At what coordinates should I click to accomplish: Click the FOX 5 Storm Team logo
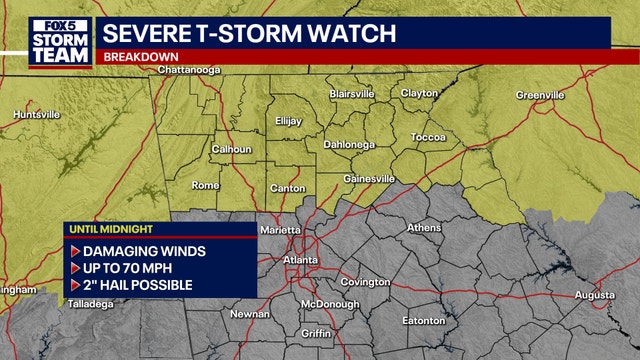(50, 39)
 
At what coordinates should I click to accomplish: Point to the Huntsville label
(37, 115)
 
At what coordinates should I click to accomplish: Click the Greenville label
(541, 95)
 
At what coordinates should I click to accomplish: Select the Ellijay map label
(288, 121)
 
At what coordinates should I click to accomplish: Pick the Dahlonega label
(348, 145)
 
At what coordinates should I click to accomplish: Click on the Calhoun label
(231, 150)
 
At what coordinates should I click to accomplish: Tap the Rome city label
(205, 185)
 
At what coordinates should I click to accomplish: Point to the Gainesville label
(368, 179)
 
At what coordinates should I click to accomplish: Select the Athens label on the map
(424, 228)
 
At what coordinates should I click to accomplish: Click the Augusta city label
(595, 295)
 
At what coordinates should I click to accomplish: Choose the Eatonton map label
(424, 321)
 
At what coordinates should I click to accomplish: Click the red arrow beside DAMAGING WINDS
(74, 251)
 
